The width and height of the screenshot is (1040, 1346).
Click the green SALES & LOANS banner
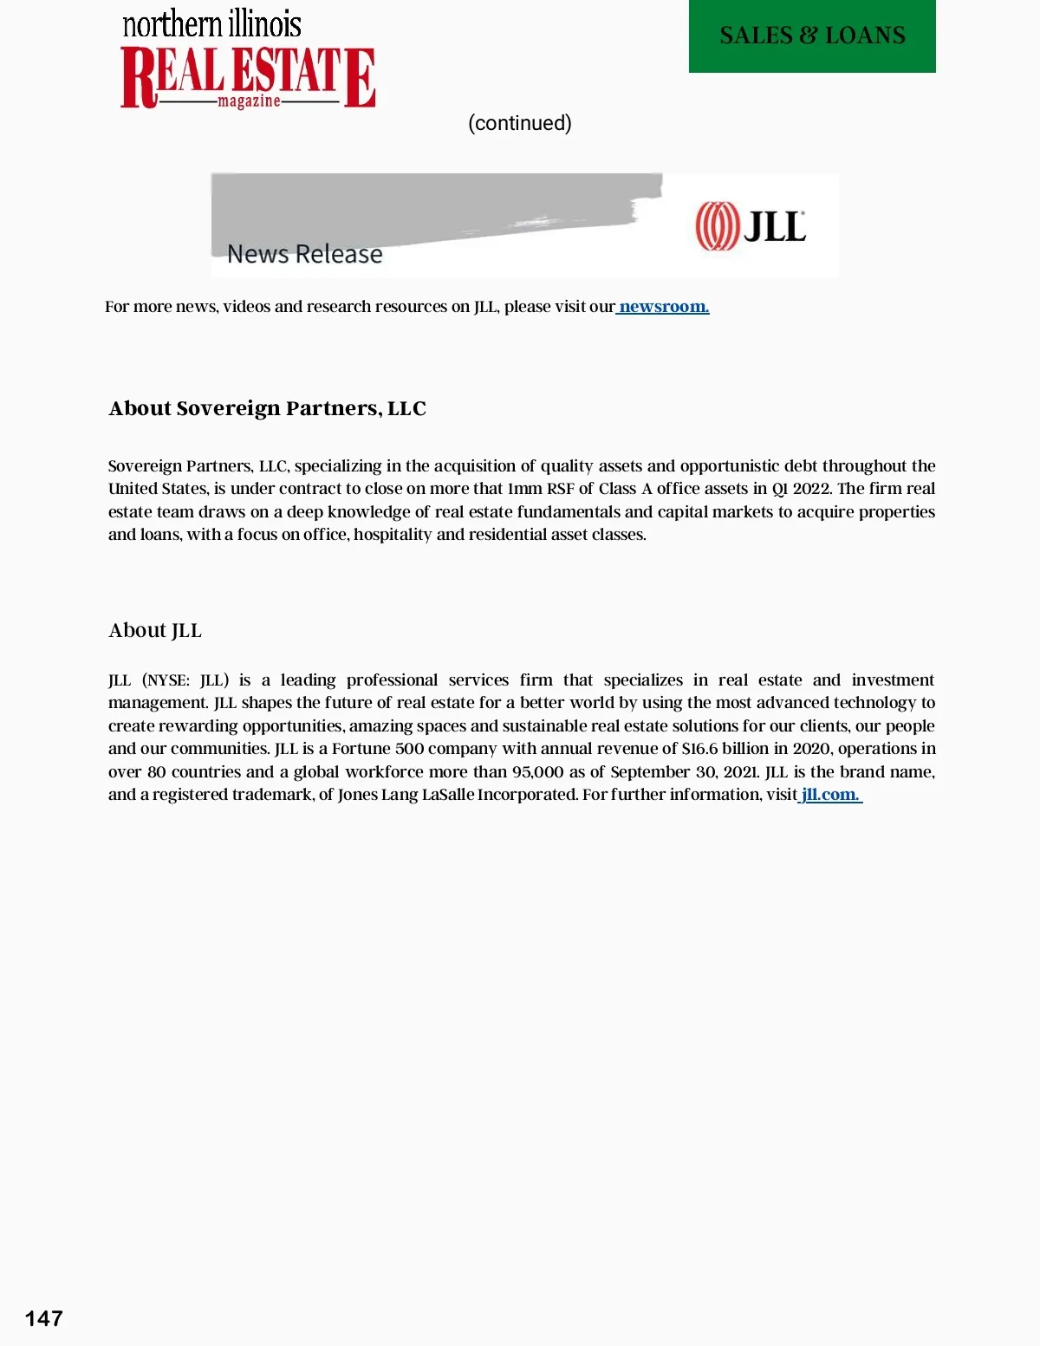point(812,36)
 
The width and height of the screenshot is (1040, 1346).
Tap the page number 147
point(43,1318)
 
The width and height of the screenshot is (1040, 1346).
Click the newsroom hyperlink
point(664,307)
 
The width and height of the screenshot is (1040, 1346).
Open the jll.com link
point(830,795)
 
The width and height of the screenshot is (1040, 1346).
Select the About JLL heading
point(155,630)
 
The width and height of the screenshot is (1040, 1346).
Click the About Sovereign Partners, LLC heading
point(267,408)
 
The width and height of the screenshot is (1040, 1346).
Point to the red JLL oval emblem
point(717,226)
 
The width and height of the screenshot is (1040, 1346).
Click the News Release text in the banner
point(305,254)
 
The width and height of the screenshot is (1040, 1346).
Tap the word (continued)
point(520,123)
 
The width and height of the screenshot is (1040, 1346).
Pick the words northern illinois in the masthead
point(212,24)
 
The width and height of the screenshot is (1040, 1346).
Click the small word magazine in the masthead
point(249,102)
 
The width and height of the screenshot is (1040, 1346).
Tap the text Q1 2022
point(802,489)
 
